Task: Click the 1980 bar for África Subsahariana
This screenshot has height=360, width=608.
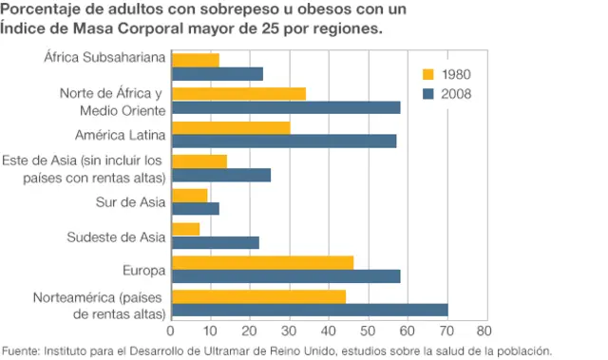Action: (x=195, y=60)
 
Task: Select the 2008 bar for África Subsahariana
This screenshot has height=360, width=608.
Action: (x=217, y=74)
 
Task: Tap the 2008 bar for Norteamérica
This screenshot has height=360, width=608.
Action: (x=309, y=310)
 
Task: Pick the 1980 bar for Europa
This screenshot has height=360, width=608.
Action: (x=262, y=262)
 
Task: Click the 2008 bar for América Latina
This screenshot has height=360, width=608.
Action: (x=283, y=142)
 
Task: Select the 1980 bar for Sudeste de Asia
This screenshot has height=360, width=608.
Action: (x=185, y=229)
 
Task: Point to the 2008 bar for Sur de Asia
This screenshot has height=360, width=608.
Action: (x=195, y=208)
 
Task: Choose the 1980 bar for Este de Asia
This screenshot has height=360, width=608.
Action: (x=199, y=161)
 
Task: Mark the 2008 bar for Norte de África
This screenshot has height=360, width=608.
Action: (x=285, y=107)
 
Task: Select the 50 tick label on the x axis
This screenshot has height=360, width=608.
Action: (x=367, y=331)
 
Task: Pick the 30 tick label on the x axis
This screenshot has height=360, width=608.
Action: (x=288, y=331)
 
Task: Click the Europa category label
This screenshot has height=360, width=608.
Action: (x=143, y=270)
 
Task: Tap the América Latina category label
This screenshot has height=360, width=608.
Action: (x=121, y=134)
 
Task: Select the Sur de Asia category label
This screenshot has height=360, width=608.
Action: (x=130, y=201)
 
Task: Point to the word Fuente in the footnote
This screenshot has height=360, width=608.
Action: (x=20, y=350)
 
